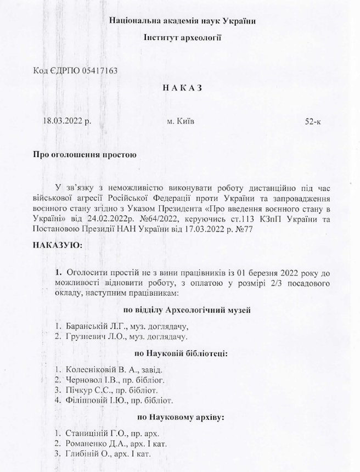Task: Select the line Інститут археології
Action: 182,38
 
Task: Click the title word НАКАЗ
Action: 183,88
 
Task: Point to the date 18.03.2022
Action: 63,121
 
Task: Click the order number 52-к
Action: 313,121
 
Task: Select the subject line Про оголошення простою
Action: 85,154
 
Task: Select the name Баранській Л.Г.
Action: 92,325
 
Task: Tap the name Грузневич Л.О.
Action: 93,336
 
